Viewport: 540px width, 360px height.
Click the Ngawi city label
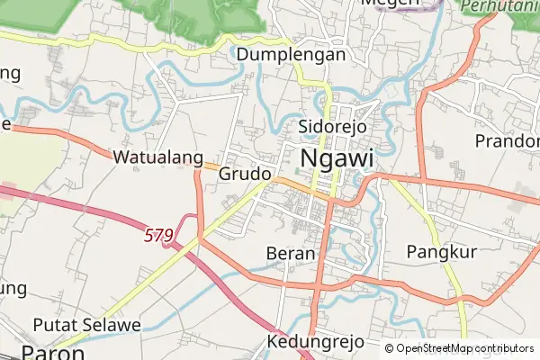(x=335, y=158)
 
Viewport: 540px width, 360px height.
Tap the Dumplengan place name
(x=292, y=55)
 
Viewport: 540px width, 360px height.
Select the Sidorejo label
(x=332, y=126)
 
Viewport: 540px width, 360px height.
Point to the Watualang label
(x=158, y=157)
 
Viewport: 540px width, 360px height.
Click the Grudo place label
(x=245, y=173)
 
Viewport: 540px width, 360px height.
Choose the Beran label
(x=291, y=254)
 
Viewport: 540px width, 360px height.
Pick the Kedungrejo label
(x=316, y=342)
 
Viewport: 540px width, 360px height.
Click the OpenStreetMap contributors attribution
(x=459, y=348)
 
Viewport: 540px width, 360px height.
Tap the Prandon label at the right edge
(x=507, y=141)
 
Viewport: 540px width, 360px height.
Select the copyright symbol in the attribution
(x=389, y=348)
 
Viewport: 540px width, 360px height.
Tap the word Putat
(x=53, y=324)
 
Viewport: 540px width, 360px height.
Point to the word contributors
(x=500, y=348)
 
